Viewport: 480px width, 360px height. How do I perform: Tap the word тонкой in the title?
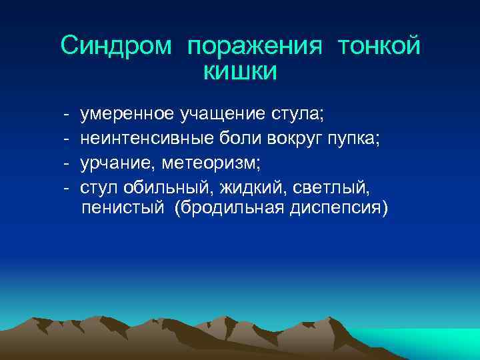click(x=379, y=46)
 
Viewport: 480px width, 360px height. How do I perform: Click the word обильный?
click(x=156, y=186)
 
